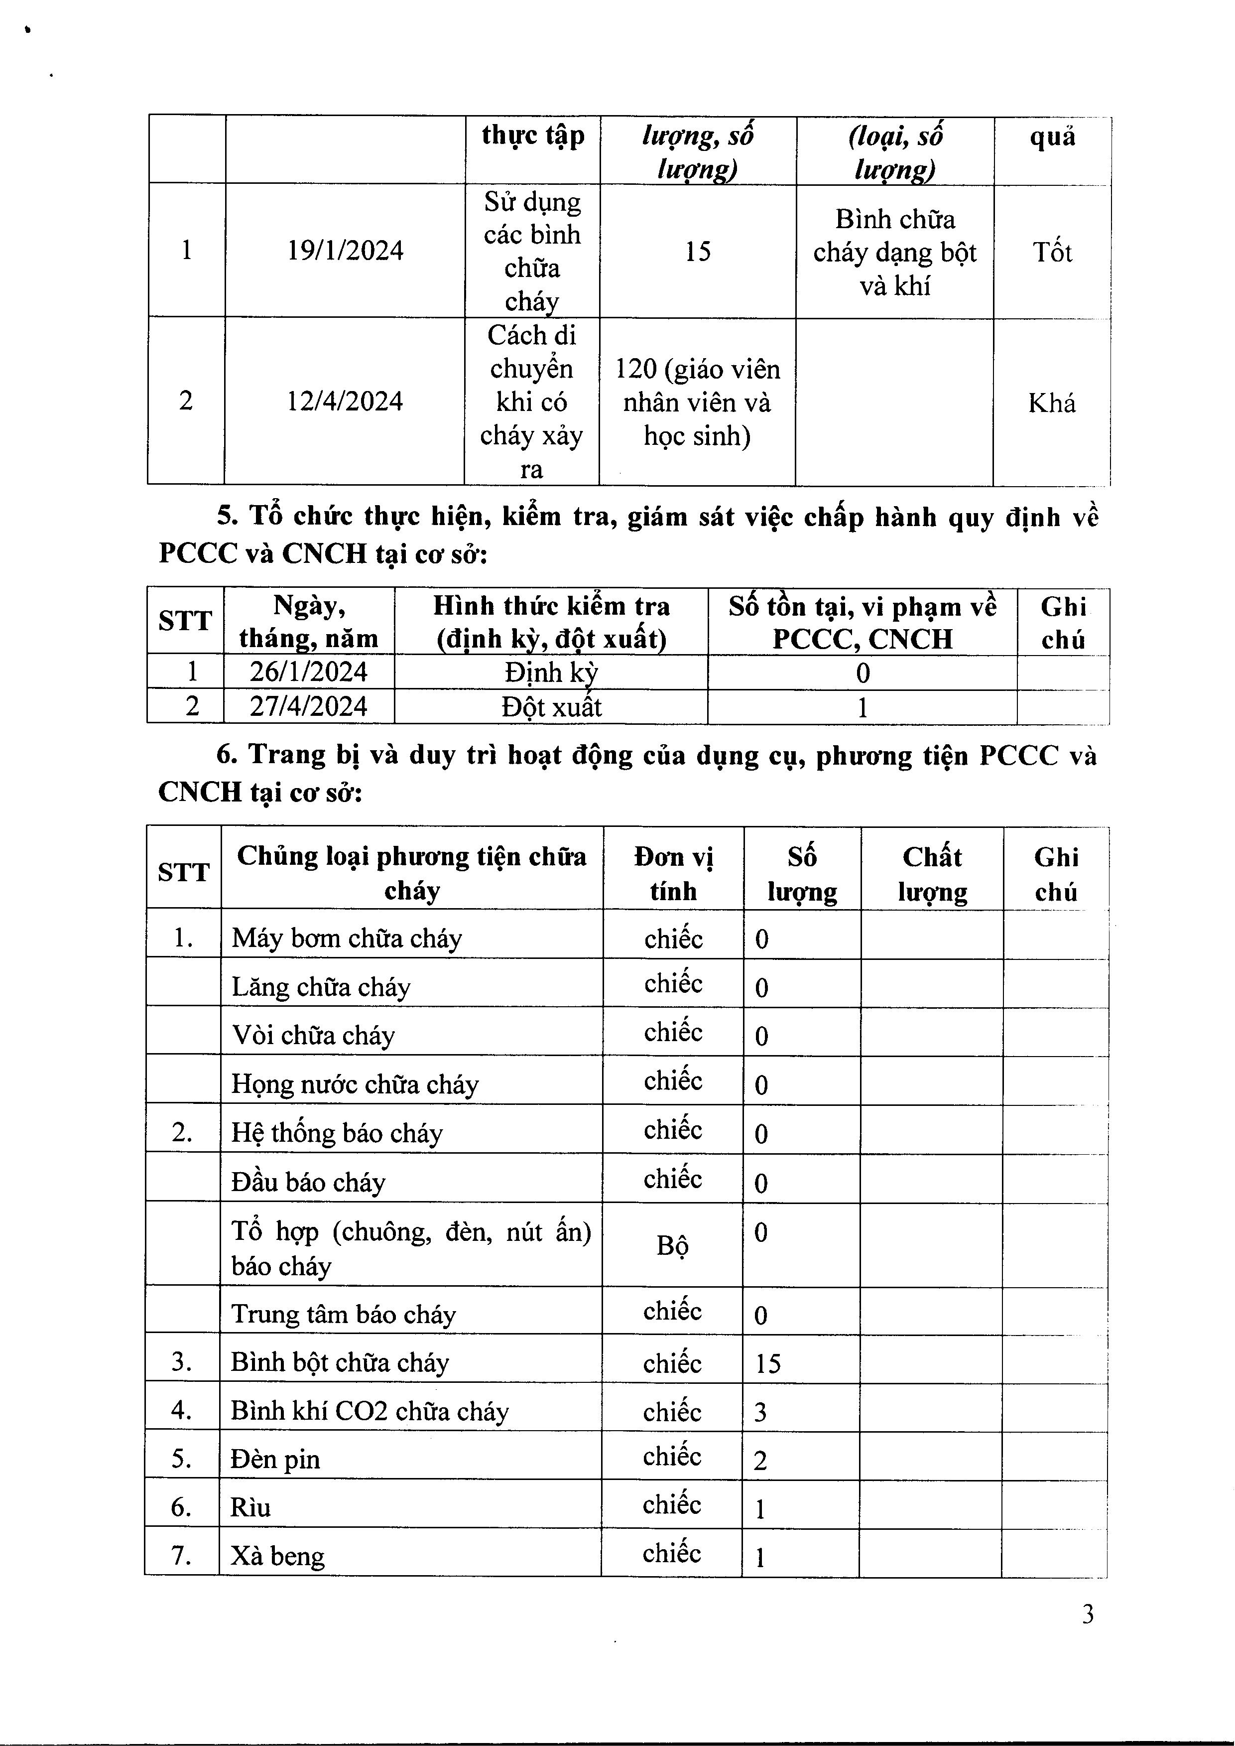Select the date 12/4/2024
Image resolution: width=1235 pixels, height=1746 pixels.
point(345,401)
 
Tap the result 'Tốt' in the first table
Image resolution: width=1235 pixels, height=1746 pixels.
point(1052,252)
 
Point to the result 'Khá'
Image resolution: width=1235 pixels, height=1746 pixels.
point(1052,403)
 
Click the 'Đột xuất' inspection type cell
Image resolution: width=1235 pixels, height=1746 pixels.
point(551,707)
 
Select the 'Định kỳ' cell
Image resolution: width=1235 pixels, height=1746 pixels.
point(551,672)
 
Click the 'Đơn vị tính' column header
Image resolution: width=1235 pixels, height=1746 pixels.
point(673,873)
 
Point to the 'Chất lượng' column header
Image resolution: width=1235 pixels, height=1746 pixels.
point(932,873)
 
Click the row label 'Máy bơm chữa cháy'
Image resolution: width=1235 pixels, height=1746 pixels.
point(347,938)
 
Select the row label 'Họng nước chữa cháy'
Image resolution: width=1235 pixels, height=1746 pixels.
point(355,1083)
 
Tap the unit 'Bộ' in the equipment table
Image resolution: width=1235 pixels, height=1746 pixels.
point(672,1245)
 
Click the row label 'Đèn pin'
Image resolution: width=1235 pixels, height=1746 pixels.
point(275,1459)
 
